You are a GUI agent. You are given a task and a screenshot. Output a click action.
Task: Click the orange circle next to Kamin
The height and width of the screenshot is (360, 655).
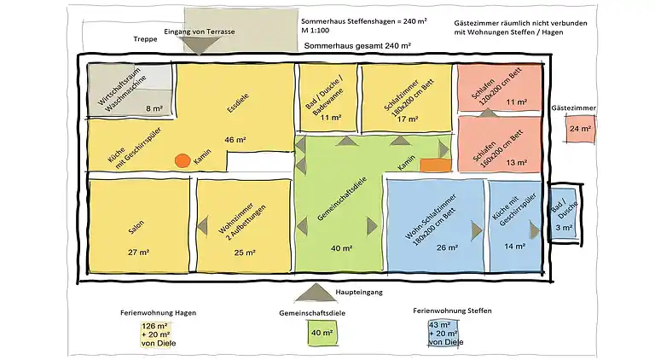click(x=183, y=160)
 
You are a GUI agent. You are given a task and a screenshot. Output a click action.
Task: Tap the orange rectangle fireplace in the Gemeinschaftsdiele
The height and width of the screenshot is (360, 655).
click(x=435, y=165)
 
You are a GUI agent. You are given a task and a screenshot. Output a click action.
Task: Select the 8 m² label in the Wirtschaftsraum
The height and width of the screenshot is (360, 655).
click(x=154, y=108)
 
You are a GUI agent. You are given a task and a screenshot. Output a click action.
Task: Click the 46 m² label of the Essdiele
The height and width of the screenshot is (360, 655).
click(x=235, y=139)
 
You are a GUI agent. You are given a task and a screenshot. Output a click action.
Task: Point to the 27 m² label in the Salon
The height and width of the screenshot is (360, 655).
click(x=139, y=253)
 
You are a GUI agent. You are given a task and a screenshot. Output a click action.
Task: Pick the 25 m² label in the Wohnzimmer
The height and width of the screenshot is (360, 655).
click(x=245, y=253)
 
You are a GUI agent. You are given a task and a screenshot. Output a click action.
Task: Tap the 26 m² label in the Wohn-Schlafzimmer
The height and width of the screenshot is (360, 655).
click(x=446, y=248)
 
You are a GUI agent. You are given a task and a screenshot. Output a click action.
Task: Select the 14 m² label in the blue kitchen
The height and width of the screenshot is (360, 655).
click(x=514, y=247)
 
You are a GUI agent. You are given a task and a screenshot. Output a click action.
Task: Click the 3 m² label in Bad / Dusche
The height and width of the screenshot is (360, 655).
click(x=564, y=228)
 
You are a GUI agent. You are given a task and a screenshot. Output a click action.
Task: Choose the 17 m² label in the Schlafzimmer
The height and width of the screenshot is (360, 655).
click(x=408, y=119)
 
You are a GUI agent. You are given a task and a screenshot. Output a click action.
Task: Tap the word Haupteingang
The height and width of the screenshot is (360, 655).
click(x=358, y=292)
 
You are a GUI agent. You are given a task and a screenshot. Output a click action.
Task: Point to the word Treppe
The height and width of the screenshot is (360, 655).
click(x=147, y=39)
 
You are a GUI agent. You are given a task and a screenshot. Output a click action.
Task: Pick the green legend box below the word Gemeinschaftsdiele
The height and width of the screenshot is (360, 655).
click(x=321, y=333)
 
